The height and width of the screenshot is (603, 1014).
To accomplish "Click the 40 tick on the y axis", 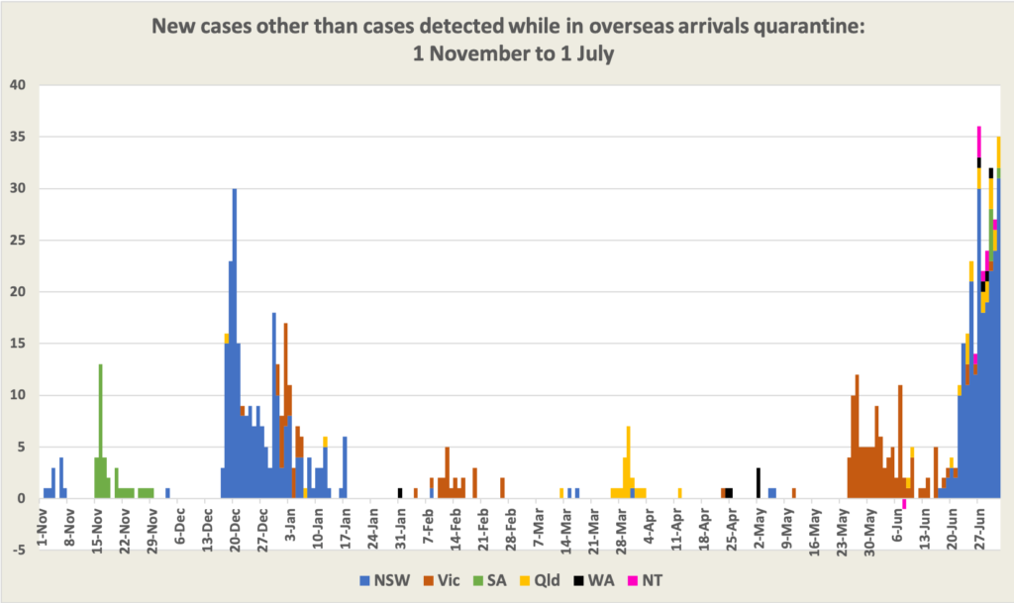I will click(x=19, y=84).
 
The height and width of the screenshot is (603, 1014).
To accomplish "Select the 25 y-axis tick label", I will click(x=19, y=240).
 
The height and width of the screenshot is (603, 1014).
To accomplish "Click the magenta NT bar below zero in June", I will click(x=904, y=504).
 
